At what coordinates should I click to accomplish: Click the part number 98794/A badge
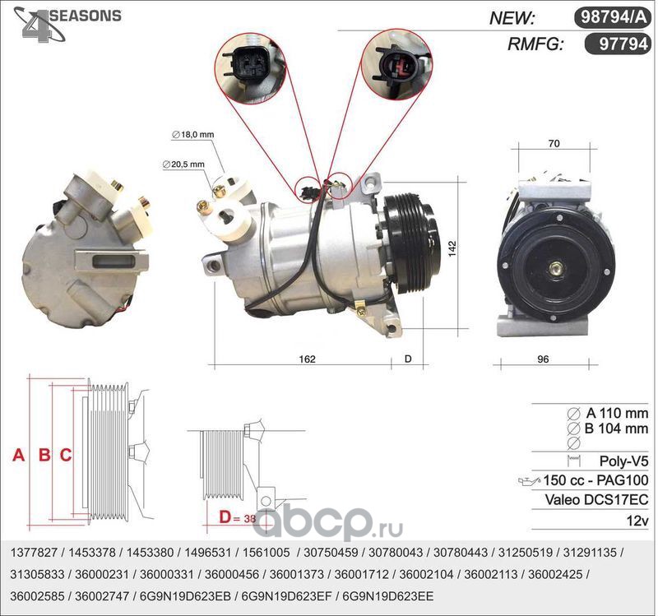(x=612, y=17)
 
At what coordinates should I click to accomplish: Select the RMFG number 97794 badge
(x=618, y=44)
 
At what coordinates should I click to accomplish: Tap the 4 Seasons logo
(x=67, y=24)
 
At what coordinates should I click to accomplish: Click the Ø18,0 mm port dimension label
(x=193, y=135)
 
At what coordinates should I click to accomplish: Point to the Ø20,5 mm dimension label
(x=183, y=164)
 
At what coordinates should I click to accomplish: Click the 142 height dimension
(x=452, y=249)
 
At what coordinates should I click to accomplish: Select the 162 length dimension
(x=307, y=359)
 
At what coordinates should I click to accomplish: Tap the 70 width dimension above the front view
(x=554, y=143)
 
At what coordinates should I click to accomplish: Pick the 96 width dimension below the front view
(x=543, y=359)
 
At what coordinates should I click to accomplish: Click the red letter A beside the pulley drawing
(x=18, y=455)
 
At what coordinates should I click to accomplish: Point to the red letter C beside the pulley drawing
(x=66, y=455)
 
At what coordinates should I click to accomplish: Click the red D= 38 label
(x=237, y=517)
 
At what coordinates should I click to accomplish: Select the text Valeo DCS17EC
(x=596, y=500)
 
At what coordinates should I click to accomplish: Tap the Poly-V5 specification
(x=623, y=461)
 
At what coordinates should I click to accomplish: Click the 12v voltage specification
(x=637, y=521)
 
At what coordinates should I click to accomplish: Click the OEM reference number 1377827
(x=34, y=552)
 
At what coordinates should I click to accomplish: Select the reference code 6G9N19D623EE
(x=388, y=596)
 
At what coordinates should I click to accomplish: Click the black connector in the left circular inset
(x=248, y=64)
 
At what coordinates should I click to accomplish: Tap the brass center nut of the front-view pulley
(x=557, y=268)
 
